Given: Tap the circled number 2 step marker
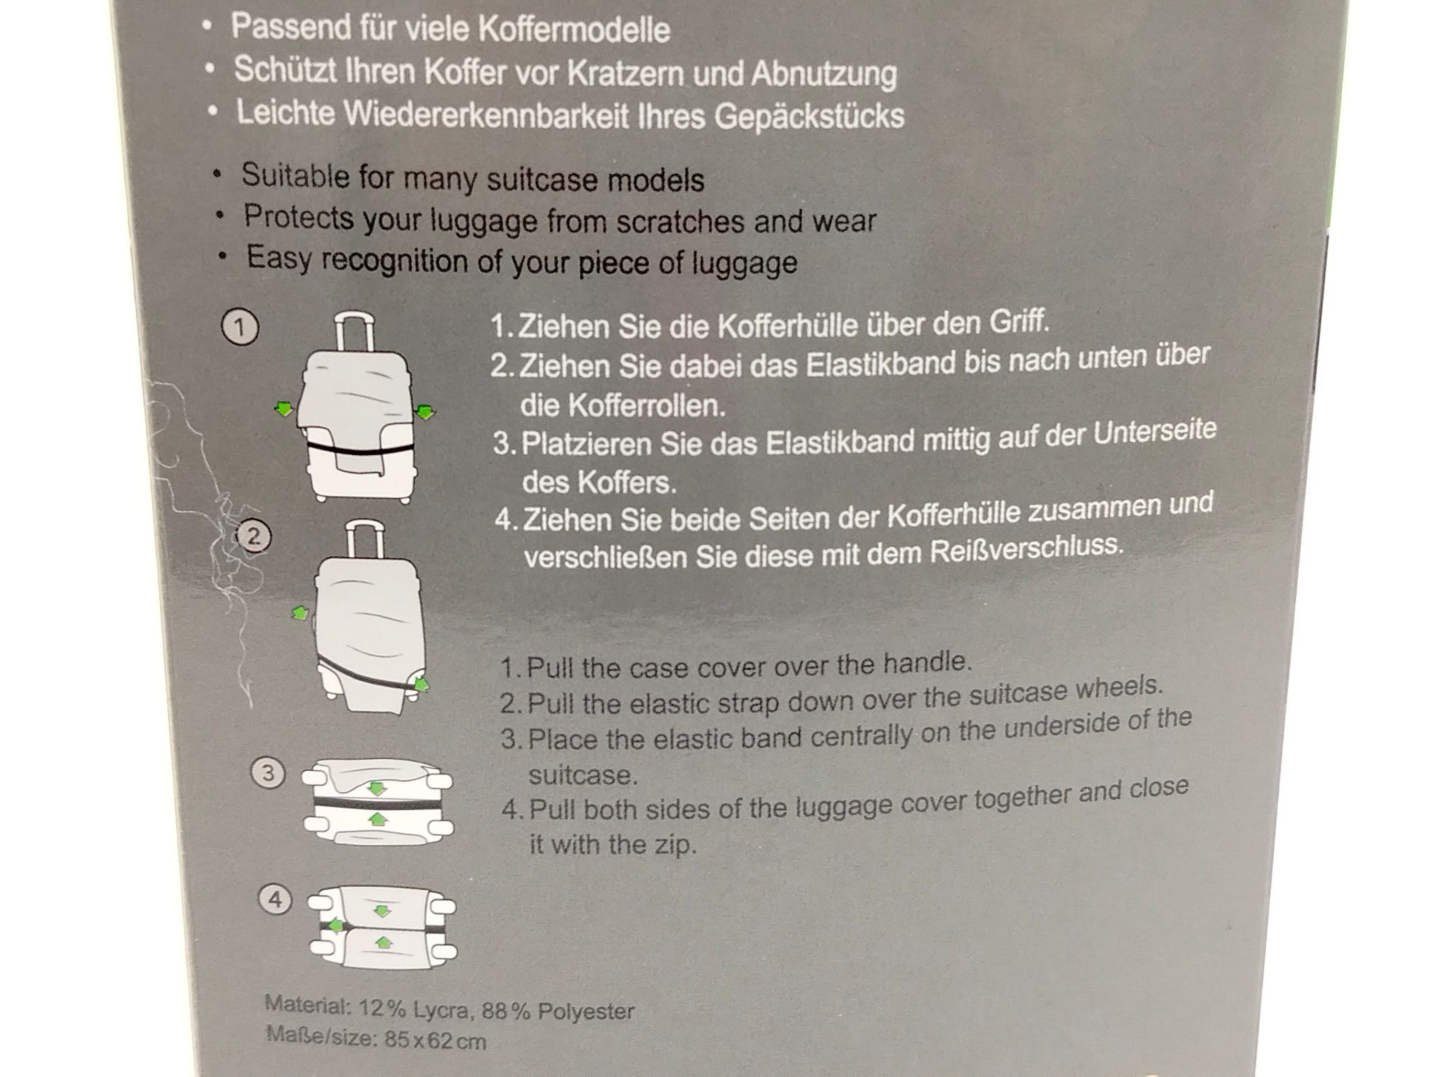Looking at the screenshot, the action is tap(254, 536).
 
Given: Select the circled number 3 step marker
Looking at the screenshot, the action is tap(268, 773).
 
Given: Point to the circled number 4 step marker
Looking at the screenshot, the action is tap(275, 900).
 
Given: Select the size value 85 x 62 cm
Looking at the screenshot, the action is tap(435, 1041).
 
